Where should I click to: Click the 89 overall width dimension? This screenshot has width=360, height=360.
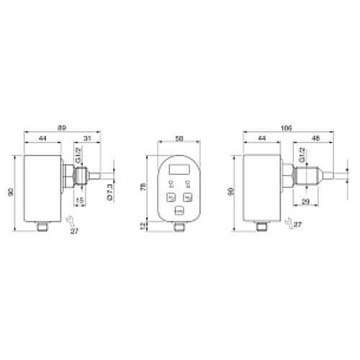[x=62, y=127]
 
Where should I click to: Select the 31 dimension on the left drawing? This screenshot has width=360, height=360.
[x=86, y=138]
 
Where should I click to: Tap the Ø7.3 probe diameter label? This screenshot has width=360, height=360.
[x=110, y=192]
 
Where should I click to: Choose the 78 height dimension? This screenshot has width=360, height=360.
[x=143, y=187]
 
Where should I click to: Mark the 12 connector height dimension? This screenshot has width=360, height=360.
[x=143, y=226]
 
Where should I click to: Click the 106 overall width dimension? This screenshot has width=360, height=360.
[x=287, y=127]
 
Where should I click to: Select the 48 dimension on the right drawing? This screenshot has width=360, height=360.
[x=315, y=138]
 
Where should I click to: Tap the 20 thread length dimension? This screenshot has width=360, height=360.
[x=305, y=201]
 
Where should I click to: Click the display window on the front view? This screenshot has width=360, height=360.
[x=179, y=170]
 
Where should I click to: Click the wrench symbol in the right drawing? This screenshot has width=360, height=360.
[x=288, y=223]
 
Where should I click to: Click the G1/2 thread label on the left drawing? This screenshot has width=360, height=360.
[x=77, y=153]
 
